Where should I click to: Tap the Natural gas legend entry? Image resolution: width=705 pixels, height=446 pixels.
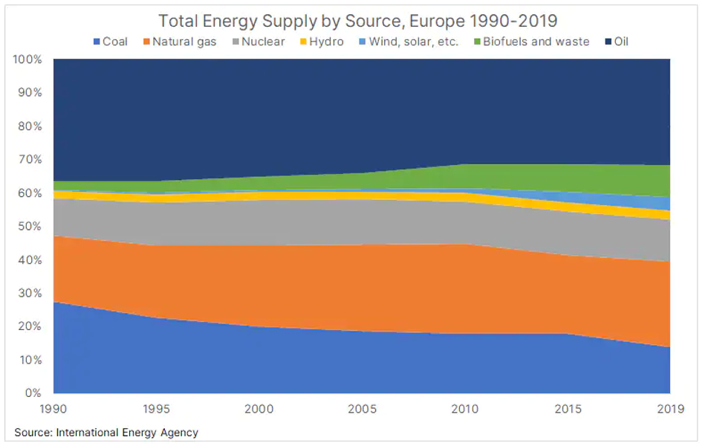pos(178,42)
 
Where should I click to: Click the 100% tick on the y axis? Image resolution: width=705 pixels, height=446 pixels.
pos(28,59)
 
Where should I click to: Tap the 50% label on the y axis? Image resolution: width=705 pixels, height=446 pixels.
pos(30,227)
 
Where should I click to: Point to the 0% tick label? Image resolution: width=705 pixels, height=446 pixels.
pos(33,393)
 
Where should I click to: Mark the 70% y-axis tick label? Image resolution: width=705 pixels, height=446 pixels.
pos(30,160)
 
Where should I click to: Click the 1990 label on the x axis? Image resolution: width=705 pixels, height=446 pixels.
pos(53,408)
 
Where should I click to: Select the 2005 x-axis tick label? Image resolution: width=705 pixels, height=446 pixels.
pos(362,408)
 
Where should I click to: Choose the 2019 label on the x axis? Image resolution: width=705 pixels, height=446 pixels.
pos(670,408)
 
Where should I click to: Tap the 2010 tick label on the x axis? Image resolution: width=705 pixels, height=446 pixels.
pos(465,408)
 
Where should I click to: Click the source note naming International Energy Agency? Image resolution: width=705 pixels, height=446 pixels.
pos(106,432)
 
